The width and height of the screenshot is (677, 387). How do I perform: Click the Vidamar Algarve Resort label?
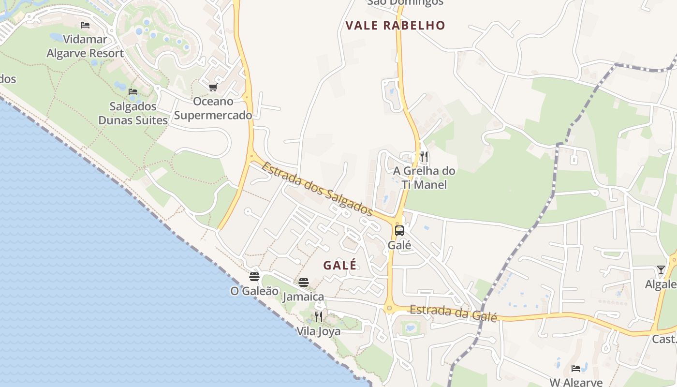[85, 46]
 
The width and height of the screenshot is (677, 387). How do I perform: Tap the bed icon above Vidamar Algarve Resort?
[85, 25]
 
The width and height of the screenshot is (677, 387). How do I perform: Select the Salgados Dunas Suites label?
[133, 113]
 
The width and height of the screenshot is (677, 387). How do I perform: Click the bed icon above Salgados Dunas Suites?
[133, 91]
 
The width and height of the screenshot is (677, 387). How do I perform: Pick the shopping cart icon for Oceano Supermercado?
[213, 88]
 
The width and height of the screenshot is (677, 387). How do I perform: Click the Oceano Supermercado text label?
[213, 108]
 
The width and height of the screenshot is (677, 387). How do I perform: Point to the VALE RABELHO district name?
[395, 26]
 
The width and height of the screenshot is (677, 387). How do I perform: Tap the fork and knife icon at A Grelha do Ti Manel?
[424, 156]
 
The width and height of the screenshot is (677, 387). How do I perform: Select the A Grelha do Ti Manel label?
[424, 178]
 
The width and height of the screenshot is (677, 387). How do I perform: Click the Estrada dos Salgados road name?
[317, 189]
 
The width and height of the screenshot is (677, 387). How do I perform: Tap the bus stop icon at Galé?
[399, 231]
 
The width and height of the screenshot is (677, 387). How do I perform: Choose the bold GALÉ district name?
[340, 265]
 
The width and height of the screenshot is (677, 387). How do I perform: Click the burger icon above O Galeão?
[254, 277]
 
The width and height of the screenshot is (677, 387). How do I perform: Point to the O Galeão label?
[254, 291]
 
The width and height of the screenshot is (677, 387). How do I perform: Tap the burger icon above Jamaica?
[304, 283]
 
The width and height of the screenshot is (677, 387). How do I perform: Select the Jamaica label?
[304, 297]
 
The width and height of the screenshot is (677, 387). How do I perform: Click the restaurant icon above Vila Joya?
[319, 317]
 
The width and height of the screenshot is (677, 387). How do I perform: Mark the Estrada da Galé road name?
[453, 313]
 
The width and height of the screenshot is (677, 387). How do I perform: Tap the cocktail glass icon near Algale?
[661, 269]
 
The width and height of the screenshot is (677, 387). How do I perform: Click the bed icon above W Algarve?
[576, 369]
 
